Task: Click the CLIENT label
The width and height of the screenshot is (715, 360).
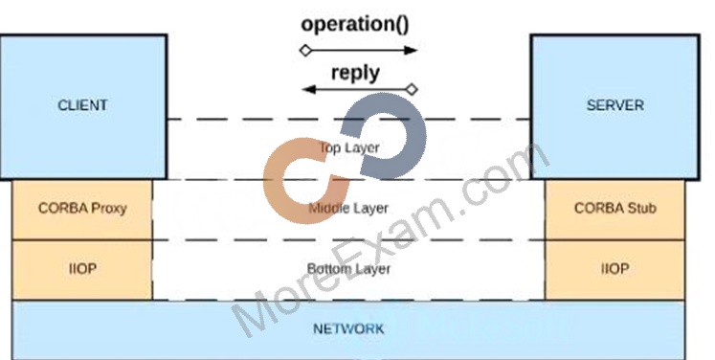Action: (x=82, y=105)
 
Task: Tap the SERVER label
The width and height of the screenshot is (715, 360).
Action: (x=615, y=105)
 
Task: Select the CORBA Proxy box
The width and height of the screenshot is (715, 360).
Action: (x=82, y=210)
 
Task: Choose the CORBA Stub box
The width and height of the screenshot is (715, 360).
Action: (x=614, y=210)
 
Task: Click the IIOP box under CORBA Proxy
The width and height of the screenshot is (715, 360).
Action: (x=82, y=270)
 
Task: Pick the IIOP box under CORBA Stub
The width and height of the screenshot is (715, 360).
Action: (x=614, y=270)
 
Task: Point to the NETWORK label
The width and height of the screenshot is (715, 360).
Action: (x=348, y=329)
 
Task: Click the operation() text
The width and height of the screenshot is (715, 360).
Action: (x=355, y=25)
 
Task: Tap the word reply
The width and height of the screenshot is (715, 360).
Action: (x=355, y=73)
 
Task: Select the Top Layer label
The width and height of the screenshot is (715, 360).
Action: (x=348, y=147)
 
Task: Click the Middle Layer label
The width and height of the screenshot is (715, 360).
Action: (x=348, y=209)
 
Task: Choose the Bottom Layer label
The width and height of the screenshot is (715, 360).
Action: (x=348, y=269)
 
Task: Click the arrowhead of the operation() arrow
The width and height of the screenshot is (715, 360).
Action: (x=411, y=50)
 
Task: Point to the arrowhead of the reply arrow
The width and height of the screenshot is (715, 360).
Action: (x=309, y=89)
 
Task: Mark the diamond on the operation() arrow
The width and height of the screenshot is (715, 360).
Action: (x=306, y=50)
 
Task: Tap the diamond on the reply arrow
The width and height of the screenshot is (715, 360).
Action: (x=412, y=89)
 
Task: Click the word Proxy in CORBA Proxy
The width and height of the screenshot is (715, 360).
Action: (x=109, y=209)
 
